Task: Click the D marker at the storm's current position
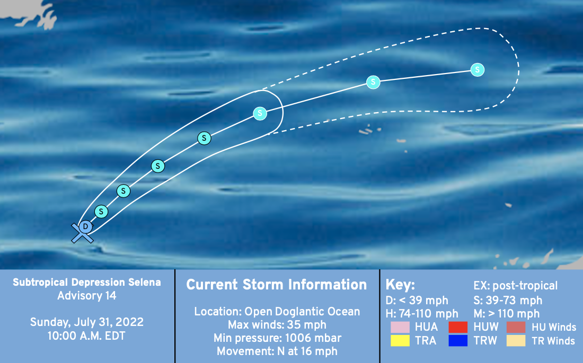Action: point(85,227)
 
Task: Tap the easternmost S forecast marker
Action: point(478,70)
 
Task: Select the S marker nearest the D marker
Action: point(101,212)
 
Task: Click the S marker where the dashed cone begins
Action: point(260,113)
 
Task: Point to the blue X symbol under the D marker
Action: point(82,233)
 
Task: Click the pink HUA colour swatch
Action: point(400,327)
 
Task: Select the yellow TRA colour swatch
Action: point(400,340)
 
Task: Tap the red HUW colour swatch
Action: point(458,327)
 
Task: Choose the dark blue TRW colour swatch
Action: point(458,340)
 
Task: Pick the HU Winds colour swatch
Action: point(516,327)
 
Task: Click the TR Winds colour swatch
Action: point(516,340)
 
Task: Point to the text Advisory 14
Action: point(87,296)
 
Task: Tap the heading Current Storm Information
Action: point(277,285)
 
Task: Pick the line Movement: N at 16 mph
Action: point(277,351)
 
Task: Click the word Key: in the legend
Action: point(400,285)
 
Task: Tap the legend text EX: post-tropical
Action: point(515,286)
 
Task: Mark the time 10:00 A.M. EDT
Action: point(86,336)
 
